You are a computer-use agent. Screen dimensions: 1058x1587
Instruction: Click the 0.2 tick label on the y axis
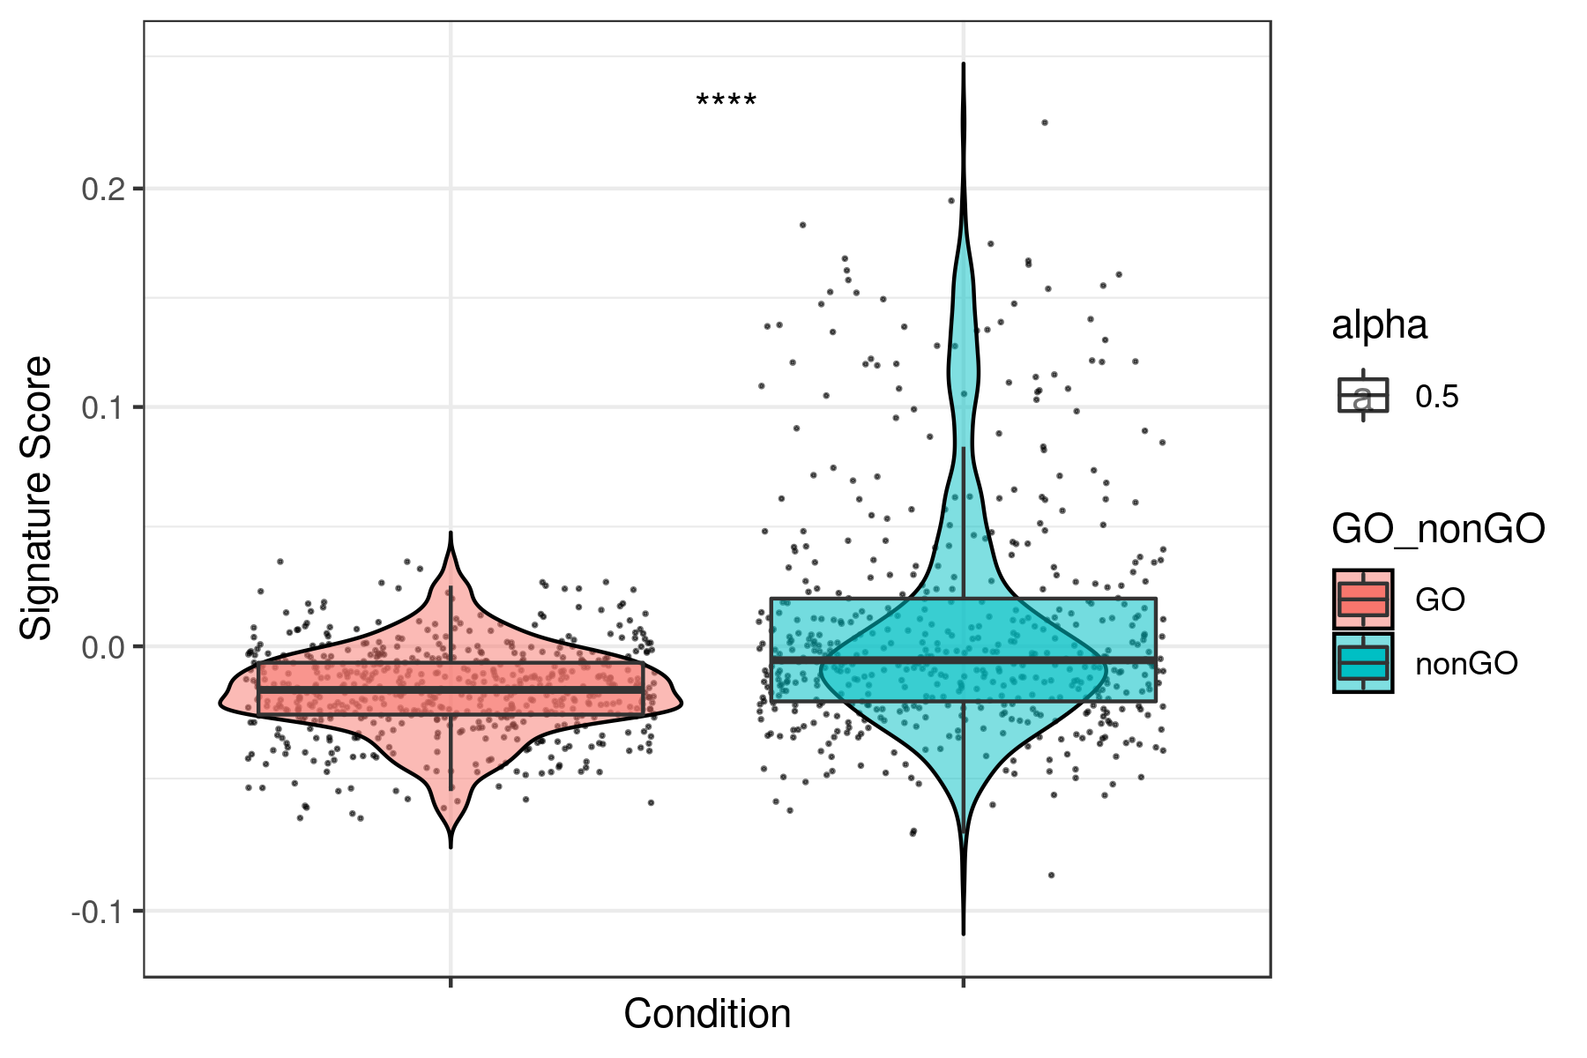103,189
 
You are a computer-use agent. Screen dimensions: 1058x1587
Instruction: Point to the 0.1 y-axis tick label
103,407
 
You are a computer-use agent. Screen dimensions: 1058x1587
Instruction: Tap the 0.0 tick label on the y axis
103,647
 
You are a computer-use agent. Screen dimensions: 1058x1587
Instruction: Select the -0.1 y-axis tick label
99,912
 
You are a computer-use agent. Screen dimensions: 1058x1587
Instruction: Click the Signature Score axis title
37,498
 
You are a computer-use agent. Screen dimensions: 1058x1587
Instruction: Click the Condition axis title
707,1014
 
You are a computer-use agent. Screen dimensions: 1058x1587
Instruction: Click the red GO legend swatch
1362,600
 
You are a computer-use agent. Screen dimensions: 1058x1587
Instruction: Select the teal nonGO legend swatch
1362,663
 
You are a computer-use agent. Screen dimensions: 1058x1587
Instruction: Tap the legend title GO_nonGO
1438,529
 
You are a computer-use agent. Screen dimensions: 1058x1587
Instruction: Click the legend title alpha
1379,325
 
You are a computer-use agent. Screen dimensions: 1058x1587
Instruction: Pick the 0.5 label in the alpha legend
1437,397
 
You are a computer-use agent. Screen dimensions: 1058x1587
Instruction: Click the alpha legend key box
1362,396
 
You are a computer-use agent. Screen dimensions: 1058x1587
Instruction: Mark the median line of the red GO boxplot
451,689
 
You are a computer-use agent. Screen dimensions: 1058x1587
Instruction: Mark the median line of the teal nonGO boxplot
963,659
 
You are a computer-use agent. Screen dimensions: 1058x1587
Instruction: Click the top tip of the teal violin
963,64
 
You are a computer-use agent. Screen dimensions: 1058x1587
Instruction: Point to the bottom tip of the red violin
451,846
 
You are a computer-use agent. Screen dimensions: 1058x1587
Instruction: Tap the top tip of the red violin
451,533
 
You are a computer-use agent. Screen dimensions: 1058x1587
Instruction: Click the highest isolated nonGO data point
1044,123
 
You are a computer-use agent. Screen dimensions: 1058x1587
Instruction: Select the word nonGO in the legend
1466,664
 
